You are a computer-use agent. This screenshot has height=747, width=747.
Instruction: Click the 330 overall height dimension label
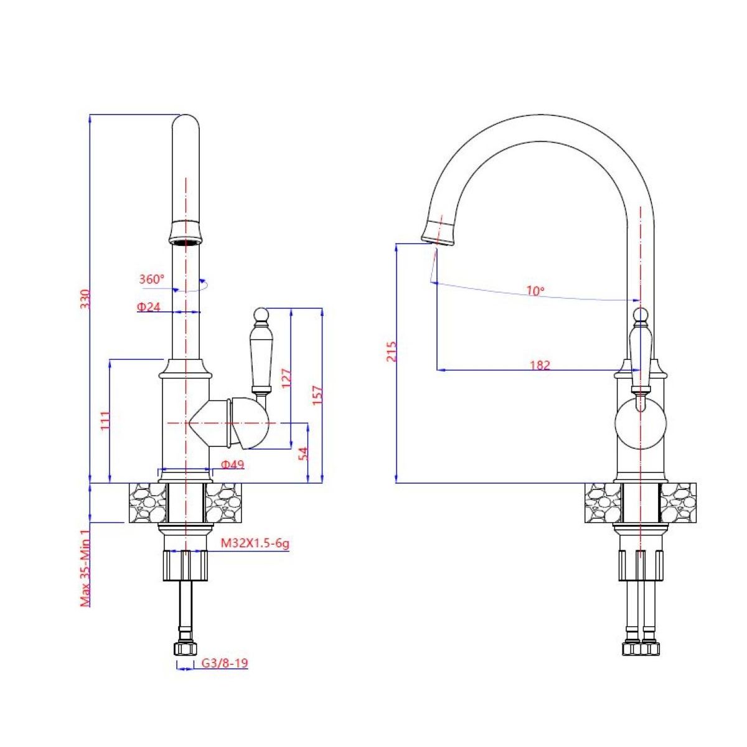(x=87, y=299)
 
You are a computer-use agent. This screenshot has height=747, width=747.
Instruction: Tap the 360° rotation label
(x=151, y=280)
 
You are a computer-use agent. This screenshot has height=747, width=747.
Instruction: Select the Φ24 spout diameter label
(x=149, y=307)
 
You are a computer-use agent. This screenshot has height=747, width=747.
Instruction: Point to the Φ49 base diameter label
(x=232, y=464)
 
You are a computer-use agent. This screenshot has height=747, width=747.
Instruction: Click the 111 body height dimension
(x=105, y=421)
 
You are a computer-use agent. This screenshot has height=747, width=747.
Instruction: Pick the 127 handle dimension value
(x=286, y=378)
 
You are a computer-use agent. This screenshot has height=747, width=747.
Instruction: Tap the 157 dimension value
(x=317, y=396)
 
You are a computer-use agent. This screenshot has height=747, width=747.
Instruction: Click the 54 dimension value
(x=304, y=453)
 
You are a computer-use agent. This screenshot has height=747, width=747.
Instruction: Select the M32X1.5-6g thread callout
(x=255, y=544)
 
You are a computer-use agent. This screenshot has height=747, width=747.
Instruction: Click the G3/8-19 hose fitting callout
(x=224, y=664)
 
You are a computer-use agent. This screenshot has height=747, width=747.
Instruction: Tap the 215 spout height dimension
(x=391, y=351)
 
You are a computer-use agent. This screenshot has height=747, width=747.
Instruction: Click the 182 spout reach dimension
(x=540, y=365)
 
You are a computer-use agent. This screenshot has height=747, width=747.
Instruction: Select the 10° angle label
(x=535, y=291)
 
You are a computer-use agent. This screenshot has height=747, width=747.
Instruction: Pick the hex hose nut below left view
(x=184, y=649)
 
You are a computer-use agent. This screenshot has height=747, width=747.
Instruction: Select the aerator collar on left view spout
(x=186, y=232)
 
